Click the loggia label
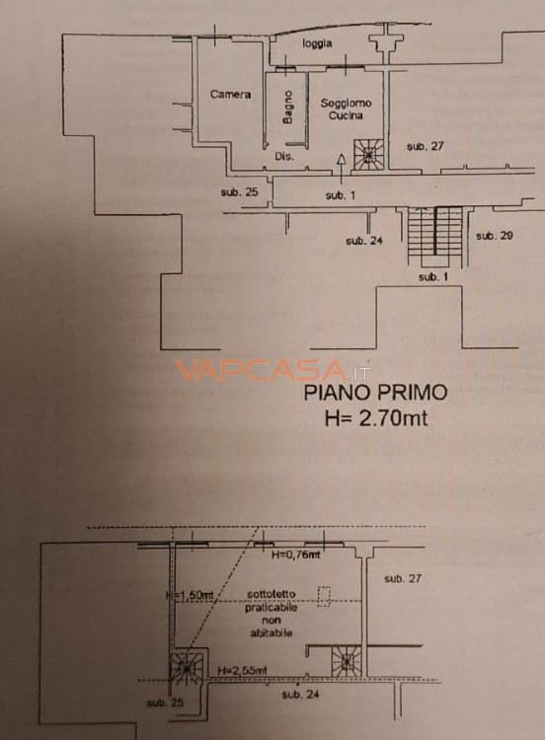318,43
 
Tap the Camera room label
230,95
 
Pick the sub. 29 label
494,236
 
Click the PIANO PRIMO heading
374,393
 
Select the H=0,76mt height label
296,555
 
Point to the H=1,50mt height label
187,596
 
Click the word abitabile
270,632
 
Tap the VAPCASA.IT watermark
272,372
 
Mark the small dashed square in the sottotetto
324,593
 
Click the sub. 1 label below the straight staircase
432,277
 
